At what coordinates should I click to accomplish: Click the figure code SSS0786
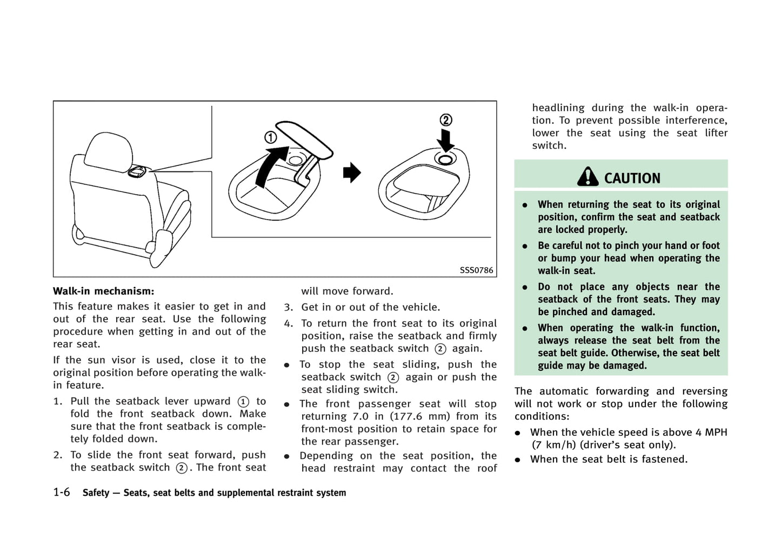[476, 270]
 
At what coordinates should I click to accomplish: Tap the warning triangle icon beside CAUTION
[588, 176]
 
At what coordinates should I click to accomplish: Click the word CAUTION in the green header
[632, 178]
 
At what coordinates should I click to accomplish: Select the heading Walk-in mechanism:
[103, 291]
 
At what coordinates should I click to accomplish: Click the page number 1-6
[62, 492]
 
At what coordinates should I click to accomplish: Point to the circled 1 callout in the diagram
[270, 137]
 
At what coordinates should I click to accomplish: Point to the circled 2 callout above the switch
[445, 120]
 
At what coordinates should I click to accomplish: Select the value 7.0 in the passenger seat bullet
[361, 416]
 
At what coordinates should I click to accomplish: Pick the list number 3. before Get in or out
[289, 307]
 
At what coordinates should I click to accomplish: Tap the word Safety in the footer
[96, 493]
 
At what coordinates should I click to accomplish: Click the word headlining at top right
[558, 108]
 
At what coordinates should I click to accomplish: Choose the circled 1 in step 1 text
[243, 401]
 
